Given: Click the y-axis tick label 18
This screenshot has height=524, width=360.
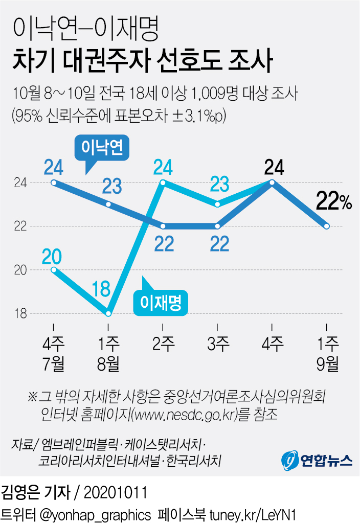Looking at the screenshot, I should [x=19, y=313].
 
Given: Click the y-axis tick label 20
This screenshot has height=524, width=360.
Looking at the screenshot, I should [x=19, y=270].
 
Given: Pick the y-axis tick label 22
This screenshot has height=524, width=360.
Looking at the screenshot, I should [x=19, y=226].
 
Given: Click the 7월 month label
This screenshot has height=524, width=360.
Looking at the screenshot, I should [x=53, y=364].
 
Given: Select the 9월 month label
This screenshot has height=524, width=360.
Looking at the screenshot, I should [x=326, y=364].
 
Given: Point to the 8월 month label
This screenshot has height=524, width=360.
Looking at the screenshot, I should [x=108, y=364].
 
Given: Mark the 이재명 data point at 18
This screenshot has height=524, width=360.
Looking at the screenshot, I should [x=108, y=313].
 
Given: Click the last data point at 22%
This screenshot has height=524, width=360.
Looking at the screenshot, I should [x=326, y=226].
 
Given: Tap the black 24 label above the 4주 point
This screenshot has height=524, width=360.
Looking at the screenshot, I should [x=274, y=168].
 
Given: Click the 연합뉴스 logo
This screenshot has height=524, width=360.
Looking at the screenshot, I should [x=317, y=460].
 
